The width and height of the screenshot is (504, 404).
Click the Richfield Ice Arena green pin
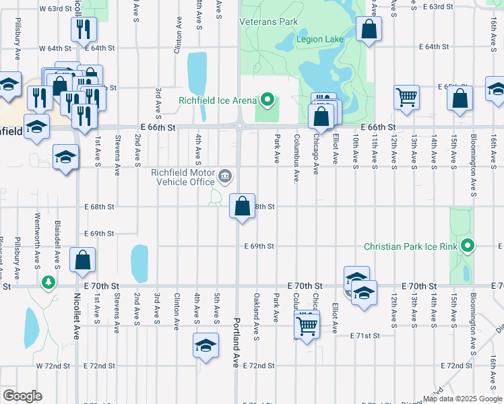[267, 101]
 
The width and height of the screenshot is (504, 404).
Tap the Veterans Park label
[269, 22]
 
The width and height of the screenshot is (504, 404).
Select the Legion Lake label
[320, 40]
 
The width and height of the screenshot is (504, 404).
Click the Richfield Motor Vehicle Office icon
[225, 177]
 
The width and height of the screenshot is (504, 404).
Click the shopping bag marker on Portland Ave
[243, 205]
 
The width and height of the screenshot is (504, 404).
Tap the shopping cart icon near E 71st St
[307, 326]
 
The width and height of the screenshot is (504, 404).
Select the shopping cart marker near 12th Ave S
[407, 98]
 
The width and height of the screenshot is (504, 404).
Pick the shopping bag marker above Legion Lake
[369, 29]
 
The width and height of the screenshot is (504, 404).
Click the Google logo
[22, 396]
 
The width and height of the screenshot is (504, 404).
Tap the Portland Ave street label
[236, 342]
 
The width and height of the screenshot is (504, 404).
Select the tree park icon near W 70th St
[49, 282]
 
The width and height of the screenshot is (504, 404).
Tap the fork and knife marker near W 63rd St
[84, 29]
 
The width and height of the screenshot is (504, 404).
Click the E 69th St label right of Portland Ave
[259, 246]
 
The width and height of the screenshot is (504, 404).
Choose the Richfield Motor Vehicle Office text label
[183, 177]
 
